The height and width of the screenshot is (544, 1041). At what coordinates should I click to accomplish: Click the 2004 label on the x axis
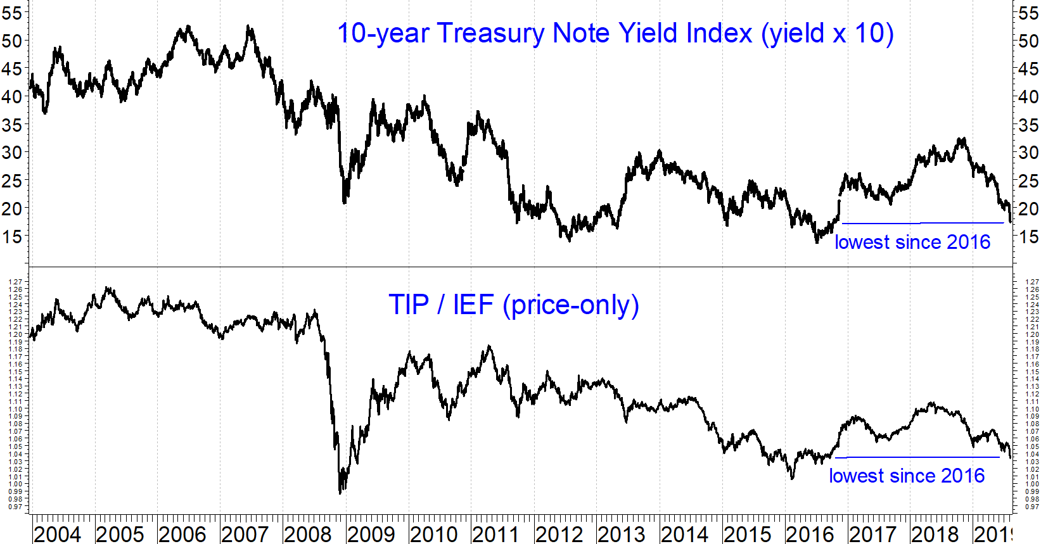coord(57,534)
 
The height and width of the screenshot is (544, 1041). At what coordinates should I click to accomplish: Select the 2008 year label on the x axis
coord(308,534)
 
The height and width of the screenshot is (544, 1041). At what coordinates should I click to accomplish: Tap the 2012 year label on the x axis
coord(559,534)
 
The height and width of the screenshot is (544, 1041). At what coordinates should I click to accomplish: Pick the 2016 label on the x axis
coord(810,534)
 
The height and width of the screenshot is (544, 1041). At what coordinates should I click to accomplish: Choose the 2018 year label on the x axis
coord(935,534)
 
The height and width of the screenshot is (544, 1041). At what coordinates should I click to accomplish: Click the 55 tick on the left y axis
coord(12,13)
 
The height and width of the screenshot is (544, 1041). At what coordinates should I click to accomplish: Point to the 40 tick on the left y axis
coord(12,97)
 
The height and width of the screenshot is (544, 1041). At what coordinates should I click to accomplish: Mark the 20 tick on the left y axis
coord(12,208)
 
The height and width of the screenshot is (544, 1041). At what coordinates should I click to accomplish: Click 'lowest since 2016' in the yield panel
coord(912,242)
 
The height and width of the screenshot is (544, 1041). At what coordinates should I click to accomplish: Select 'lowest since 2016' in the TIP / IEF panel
coord(907,476)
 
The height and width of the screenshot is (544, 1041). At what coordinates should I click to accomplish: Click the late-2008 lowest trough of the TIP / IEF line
coord(340,492)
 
